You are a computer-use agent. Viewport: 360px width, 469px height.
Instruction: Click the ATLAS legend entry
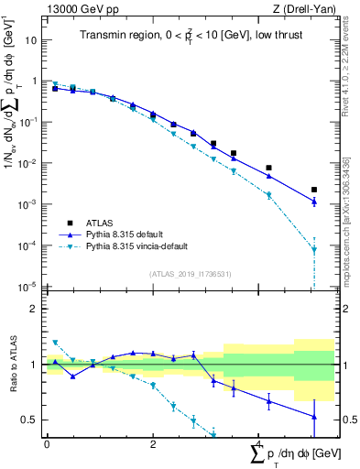pyautogui.click(x=101, y=224)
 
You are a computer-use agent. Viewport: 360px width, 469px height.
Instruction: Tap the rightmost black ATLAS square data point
pyautogui.click(x=314, y=190)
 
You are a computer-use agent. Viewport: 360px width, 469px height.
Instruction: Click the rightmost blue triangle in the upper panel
pyautogui.click(x=314, y=202)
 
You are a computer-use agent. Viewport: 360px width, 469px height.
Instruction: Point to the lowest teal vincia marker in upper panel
pyautogui.click(x=314, y=249)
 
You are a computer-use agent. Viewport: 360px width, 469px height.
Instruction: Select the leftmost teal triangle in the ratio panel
pyautogui.click(x=55, y=343)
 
